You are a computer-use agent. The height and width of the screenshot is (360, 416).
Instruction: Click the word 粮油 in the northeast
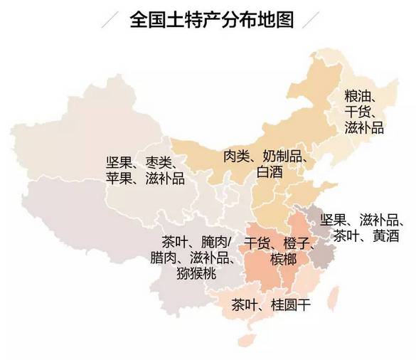(x=358, y=95)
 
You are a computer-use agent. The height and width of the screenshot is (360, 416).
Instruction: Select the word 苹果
(x=119, y=179)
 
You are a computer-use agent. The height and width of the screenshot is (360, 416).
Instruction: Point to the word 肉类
(x=237, y=156)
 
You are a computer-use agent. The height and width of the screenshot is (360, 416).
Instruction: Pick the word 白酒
(x=270, y=171)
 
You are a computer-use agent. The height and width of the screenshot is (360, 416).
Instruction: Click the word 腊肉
(x=164, y=258)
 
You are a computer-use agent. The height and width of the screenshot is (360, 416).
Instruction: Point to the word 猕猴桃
(x=197, y=274)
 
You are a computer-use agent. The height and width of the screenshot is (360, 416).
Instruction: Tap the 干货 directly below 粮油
(x=358, y=112)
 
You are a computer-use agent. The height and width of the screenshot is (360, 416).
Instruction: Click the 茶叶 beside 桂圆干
(x=245, y=307)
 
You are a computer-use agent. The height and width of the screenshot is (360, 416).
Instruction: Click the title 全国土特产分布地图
(x=212, y=19)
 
